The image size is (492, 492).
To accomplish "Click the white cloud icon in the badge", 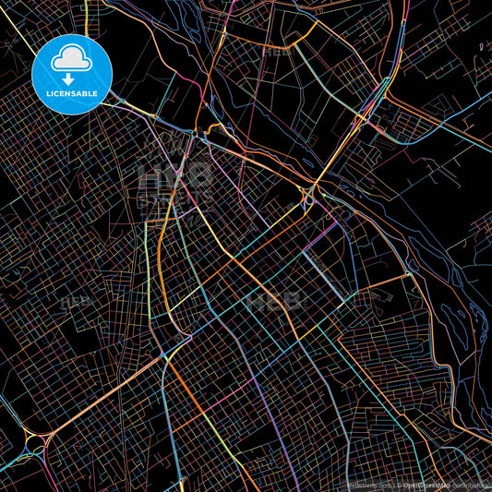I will (x=72, y=59).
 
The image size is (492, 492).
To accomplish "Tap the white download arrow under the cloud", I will (x=72, y=77).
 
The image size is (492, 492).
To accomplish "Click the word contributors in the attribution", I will (x=471, y=485).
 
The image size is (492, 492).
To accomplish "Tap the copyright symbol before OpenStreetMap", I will (x=399, y=485).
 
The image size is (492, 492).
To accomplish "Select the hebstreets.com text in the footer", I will (x=369, y=485).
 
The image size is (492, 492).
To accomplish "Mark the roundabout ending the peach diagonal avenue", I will (x=34, y=444).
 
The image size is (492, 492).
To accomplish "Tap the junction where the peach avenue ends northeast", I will (x=163, y=354).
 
